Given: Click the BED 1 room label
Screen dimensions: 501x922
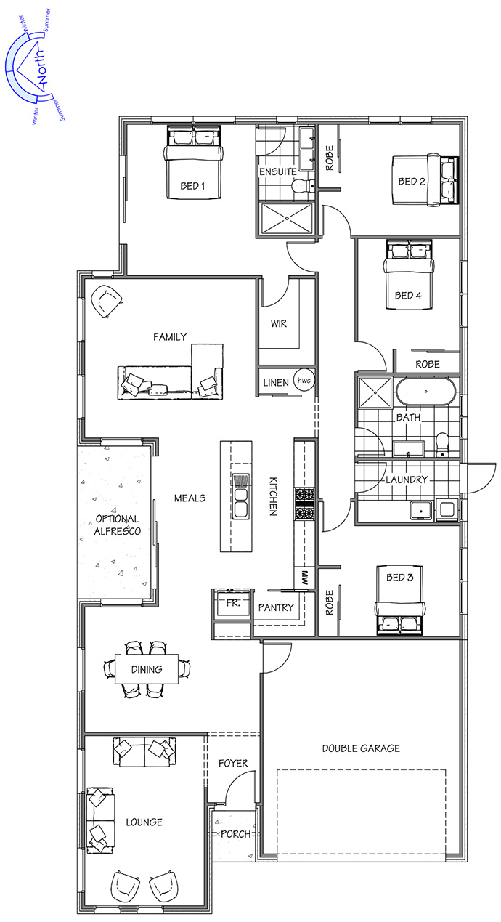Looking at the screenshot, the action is coord(192,186).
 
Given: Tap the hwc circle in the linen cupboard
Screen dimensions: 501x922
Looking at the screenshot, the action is coord(304,380).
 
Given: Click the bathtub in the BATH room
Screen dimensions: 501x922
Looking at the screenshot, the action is coord(425,392).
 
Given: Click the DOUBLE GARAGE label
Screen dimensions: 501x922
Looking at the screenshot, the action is coord(361,748).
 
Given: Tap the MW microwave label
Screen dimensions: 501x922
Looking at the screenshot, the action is coord(305,578).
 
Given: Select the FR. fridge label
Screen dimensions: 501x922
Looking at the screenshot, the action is coord(233,604).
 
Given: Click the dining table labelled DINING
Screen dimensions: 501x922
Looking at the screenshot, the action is coord(147,669).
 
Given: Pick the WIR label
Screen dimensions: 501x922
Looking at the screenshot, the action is coord(279,323).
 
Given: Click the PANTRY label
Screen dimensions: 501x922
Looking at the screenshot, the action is coord(276,607).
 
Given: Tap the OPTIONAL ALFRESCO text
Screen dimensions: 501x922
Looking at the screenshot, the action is coord(117,525).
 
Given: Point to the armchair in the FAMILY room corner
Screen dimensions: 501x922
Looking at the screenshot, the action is coord(107,302).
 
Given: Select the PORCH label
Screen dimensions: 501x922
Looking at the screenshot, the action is coord(236,834).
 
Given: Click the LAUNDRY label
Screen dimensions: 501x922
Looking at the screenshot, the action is coord(407,480).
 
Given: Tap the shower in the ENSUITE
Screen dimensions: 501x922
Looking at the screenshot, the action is coord(287,219).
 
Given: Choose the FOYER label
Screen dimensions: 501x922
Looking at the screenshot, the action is coord(233,764).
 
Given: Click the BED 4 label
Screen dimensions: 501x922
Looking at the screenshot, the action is coord(408,296).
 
